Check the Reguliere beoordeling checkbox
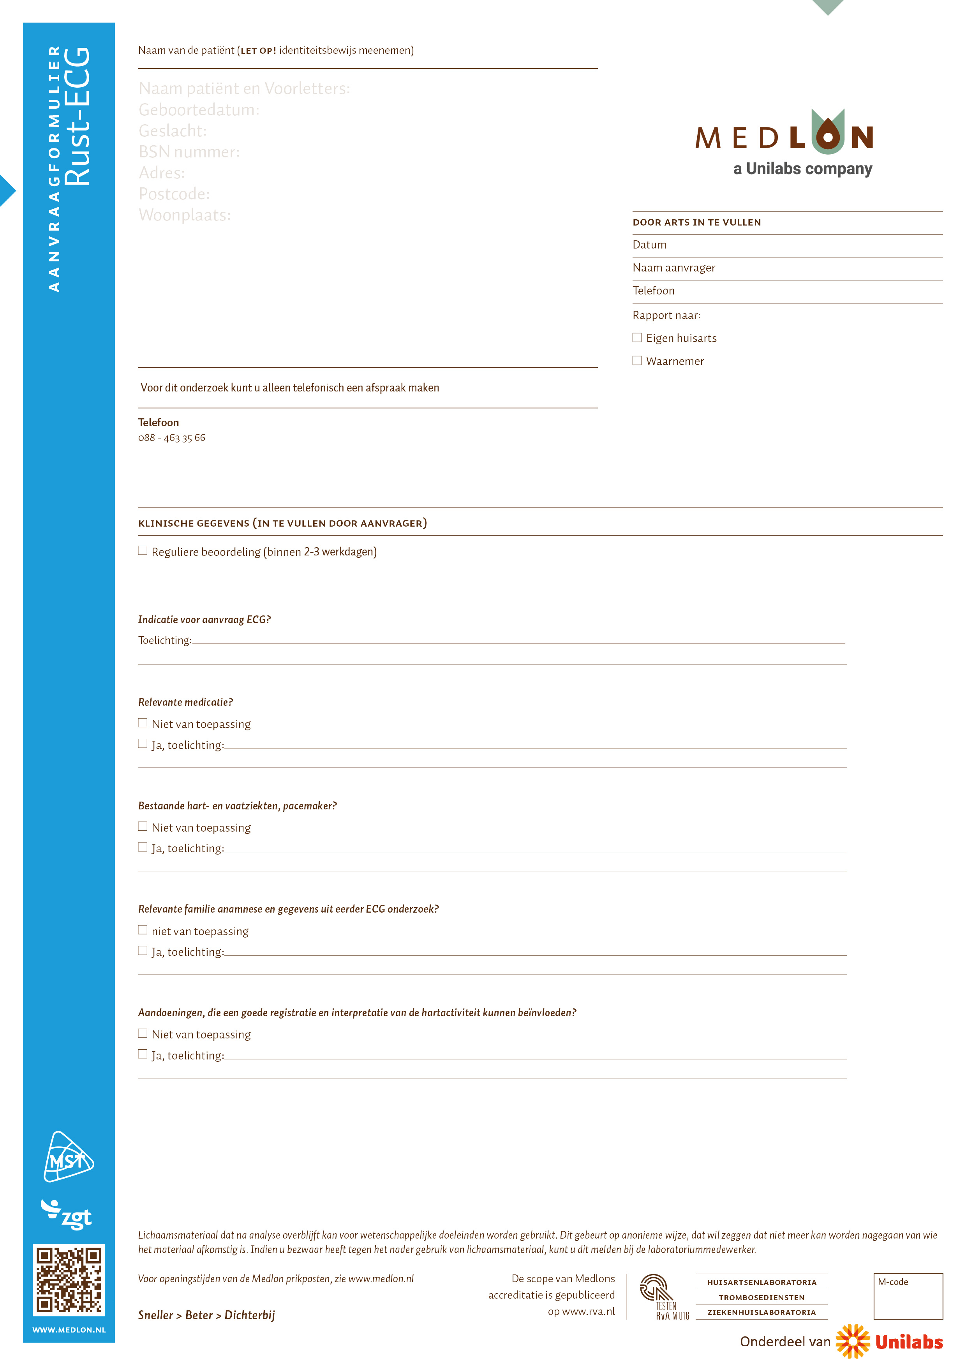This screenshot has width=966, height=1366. click(x=143, y=550)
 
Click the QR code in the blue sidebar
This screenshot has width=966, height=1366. click(x=69, y=1279)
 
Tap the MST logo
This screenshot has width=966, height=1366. click(x=69, y=1157)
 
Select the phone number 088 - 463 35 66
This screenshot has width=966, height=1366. click(x=171, y=438)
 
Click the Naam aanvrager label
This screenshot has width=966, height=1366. click(x=673, y=268)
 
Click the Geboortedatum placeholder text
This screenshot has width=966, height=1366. click(x=199, y=110)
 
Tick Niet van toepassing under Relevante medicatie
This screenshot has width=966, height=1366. click(x=143, y=723)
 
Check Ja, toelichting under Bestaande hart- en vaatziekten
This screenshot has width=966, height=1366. click(x=143, y=847)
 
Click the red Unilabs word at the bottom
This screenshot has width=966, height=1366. click(x=908, y=1342)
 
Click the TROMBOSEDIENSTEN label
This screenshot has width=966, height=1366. click(x=762, y=1297)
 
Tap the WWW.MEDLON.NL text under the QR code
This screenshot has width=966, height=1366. click(x=69, y=1330)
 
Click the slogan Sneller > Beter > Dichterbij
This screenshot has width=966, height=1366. click(x=206, y=1315)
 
